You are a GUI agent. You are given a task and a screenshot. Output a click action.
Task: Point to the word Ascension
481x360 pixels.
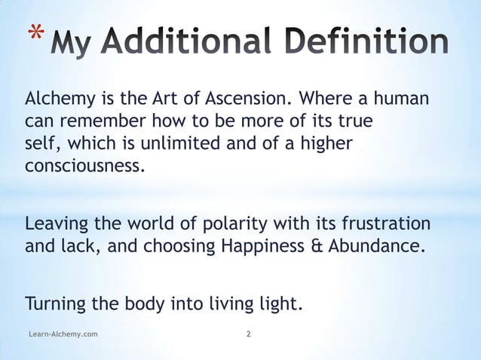tap(247, 99)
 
